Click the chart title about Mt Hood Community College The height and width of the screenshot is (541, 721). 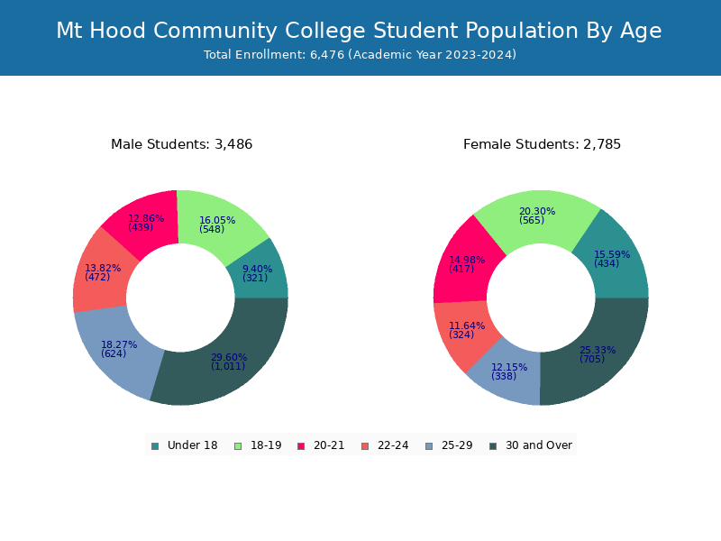[359, 31]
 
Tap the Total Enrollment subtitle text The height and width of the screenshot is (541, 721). [360, 55]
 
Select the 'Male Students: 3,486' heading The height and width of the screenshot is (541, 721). [181, 144]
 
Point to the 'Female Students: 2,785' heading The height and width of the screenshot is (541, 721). [542, 144]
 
